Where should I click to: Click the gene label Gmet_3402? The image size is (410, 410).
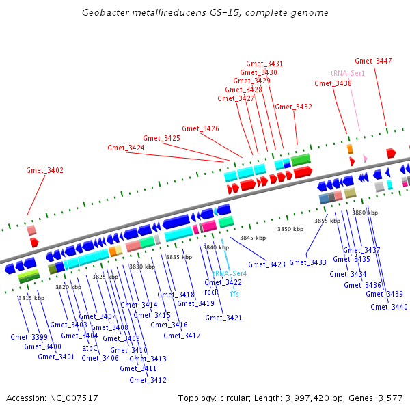tap(45, 170)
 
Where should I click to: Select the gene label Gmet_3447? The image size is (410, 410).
tap(373, 61)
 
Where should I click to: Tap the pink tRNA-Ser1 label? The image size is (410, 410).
tap(347, 72)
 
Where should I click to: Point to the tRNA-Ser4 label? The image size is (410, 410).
tap(229, 273)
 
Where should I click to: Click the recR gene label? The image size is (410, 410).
tap(211, 292)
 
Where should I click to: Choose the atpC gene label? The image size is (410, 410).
tap(90, 348)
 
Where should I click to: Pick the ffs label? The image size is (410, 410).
tap(234, 293)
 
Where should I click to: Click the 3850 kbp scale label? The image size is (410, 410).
tap(290, 229)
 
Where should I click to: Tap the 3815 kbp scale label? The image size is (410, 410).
tap(31, 298)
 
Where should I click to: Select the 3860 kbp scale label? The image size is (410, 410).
tap(365, 213)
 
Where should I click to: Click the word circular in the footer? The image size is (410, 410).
tap(236, 398)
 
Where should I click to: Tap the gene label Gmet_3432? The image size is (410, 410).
tap(293, 107)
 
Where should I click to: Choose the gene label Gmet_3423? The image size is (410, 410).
tap(266, 264)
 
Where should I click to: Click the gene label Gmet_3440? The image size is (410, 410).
tap(389, 307)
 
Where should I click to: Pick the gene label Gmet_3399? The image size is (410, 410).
tap(29, 337)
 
